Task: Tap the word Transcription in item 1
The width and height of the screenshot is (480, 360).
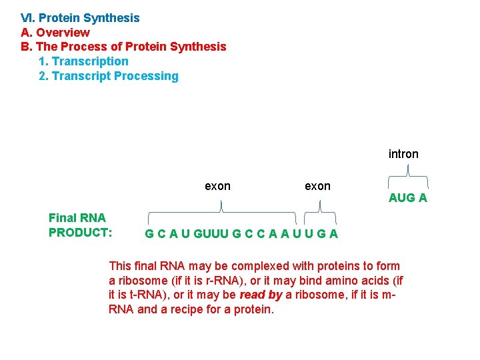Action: [90, 61]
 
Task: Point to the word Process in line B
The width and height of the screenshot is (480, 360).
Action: [102, 47]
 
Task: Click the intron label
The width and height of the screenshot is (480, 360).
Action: [403, 154]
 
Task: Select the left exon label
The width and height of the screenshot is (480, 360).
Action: [217, 186]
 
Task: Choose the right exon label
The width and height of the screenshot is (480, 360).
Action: [317, 186]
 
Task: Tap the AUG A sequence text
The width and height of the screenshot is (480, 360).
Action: [408, 198]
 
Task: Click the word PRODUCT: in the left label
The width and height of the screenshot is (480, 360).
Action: [80, 233]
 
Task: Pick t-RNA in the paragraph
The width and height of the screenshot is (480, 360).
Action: [136, 295]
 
